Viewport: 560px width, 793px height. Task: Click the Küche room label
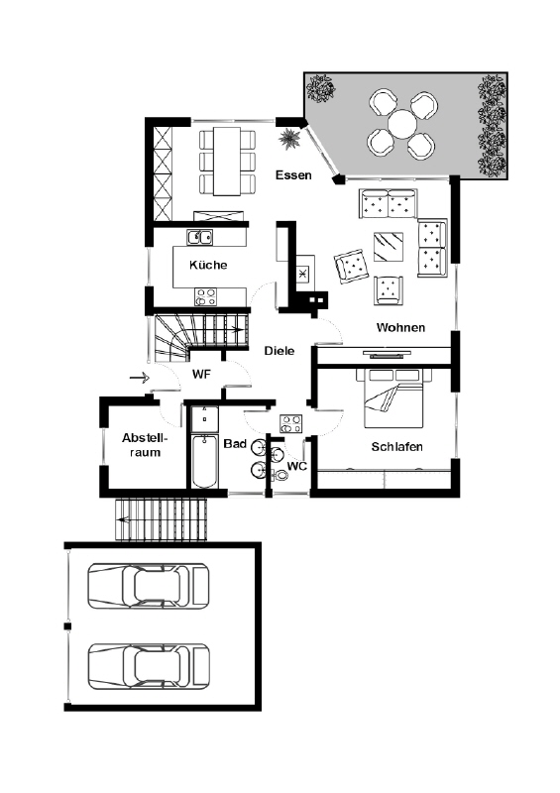[208, 265]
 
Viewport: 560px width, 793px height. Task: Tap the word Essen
[293, 175]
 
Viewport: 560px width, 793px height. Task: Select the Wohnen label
[400, 328]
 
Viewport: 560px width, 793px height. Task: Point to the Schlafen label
[397, 447]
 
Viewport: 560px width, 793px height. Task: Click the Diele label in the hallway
[280, 351]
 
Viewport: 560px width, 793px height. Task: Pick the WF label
[201, 375]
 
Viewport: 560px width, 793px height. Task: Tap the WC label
[297, 466]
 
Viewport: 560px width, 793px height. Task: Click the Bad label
[235, 443]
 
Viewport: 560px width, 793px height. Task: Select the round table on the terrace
[402, 124]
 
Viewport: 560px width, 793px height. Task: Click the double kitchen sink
[200, 237]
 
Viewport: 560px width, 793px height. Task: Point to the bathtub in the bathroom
[205, 461]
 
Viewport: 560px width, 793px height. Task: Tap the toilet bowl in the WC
[280, 476]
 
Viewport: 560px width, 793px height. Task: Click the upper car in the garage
[149, 586]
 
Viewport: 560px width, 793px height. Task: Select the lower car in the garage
[149, 666]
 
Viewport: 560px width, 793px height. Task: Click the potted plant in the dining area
[289, 139]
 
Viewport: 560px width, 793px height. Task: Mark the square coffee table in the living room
[389, 247]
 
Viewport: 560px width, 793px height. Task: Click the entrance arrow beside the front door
[140, 378]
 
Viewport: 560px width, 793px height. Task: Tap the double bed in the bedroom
[394, 398]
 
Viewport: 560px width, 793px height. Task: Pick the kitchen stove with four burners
[205, 296]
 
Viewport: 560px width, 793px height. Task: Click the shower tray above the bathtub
[205, 418]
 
